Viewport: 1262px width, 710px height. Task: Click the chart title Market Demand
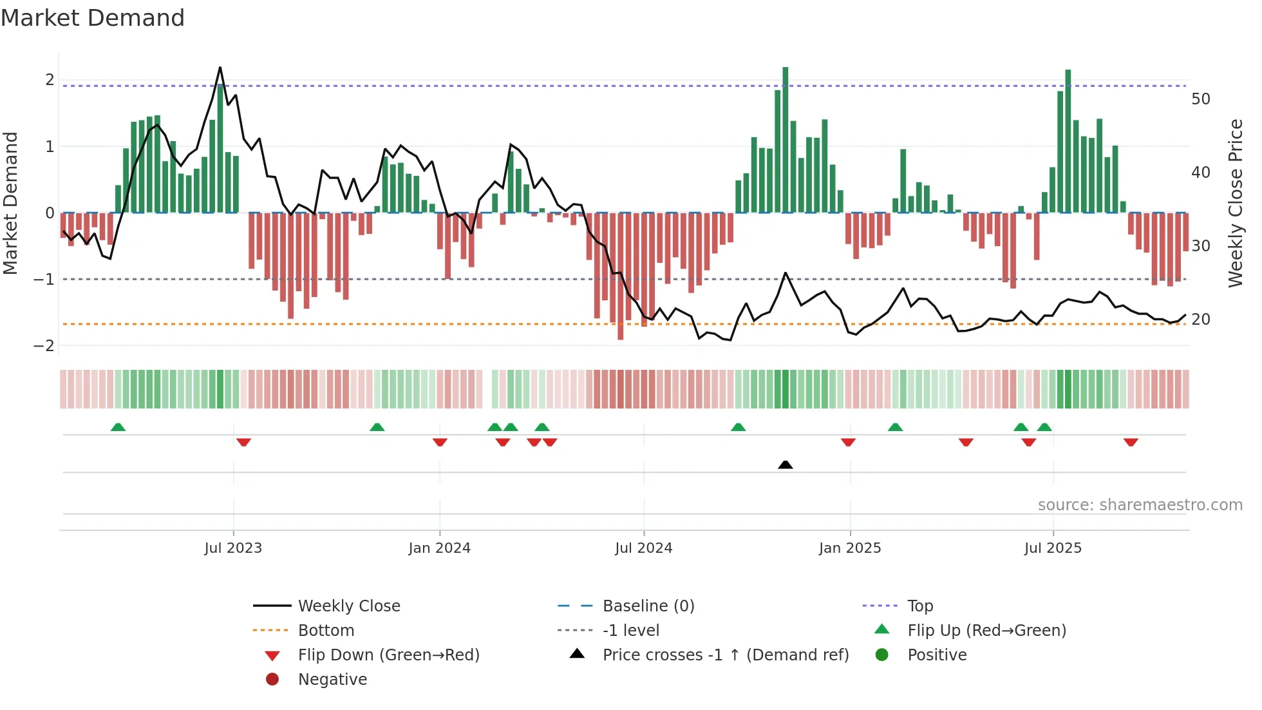pos(93,18)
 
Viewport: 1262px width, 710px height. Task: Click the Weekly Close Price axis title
pos(1235,203)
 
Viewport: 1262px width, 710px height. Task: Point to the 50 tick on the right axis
pos(1200,99)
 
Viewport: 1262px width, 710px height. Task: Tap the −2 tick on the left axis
pos(44,345)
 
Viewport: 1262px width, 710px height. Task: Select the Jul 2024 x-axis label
pos(643,548)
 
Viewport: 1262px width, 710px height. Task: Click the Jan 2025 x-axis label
pos(849,548)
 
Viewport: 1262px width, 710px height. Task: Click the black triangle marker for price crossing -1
pos(785,465)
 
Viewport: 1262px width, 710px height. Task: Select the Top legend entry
pos(919,606)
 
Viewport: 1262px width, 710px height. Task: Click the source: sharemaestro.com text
pos(1140,505)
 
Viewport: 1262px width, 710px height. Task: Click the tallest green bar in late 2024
pos(785,139)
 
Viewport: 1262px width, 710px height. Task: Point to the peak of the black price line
pos(220,68)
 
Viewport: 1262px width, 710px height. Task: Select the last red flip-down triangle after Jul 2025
pos(1131,442)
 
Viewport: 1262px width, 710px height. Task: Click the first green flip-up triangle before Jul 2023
pos(118,427)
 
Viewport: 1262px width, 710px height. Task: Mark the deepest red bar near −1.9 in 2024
pos(620,277)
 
